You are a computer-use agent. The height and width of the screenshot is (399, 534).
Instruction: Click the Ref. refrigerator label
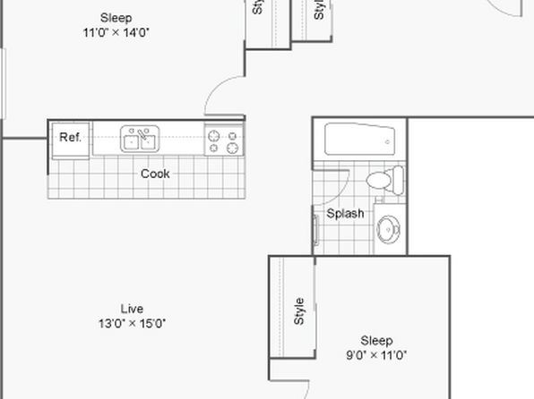coord(70,137)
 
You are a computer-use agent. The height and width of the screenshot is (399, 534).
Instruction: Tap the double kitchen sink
coord(140,139)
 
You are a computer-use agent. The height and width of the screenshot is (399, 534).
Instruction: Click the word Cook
coord(155,174)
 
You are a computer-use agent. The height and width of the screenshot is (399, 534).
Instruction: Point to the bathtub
coord(359,140)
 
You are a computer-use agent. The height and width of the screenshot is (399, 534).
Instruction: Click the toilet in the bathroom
coord(385,180)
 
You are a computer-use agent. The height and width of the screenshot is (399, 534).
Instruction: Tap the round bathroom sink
coord(388,229)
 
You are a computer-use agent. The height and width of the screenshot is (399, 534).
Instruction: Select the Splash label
coord(345,214)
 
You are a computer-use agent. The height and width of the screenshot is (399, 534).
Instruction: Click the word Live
coord(132,309)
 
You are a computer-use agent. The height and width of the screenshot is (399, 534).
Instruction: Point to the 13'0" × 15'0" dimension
coord(132,324)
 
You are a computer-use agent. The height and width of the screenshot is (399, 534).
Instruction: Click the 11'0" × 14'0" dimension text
coord(116,33)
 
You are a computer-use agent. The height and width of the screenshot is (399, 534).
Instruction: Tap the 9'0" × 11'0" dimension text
coord(376,355)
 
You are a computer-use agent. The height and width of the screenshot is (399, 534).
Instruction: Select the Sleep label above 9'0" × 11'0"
coord(376,341)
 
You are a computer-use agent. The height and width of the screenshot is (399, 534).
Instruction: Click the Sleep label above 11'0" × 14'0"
coord(116,18)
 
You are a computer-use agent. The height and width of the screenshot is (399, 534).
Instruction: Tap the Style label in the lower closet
coord(298,311)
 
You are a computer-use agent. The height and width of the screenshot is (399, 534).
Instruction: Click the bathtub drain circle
coord(387,142)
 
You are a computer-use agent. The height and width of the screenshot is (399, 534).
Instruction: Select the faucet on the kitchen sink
coord(142,135)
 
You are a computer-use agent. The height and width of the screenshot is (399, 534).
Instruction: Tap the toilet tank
coord(398,180)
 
